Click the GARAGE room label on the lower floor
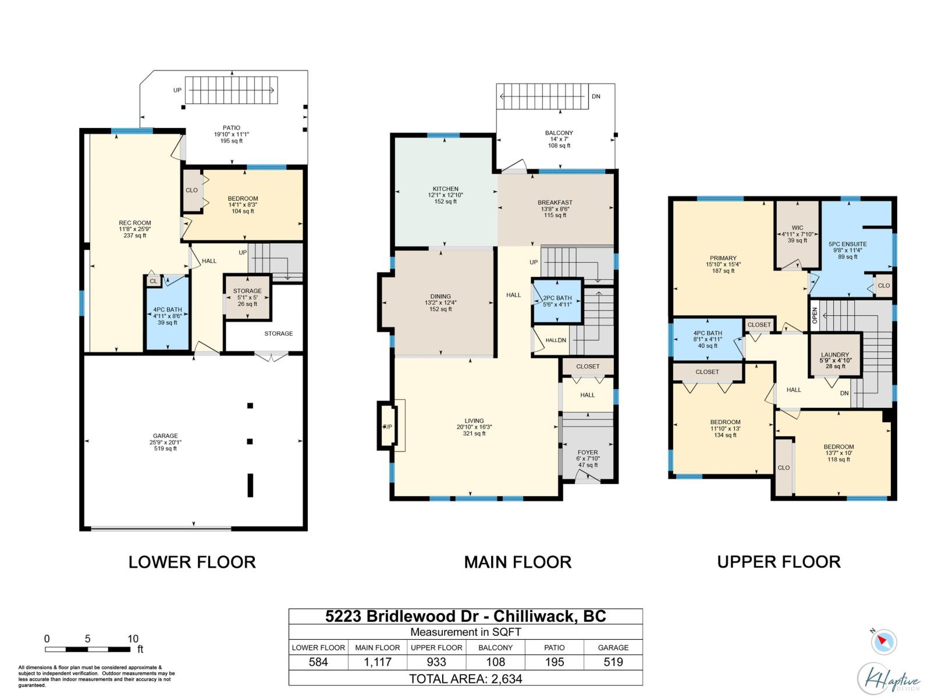[165, 436]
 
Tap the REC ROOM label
[135, 223]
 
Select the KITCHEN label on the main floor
[445, 189]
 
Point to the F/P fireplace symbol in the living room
[388, 426]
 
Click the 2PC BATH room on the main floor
[557, 301]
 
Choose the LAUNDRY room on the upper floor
[835, 355]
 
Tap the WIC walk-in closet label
[797, 228]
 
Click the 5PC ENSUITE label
[847, 244]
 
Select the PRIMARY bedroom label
[723, 258]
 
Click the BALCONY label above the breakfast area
[559, 133]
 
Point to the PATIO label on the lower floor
[232, 128]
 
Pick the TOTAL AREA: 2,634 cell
[465, 679]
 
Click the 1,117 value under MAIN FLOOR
[378, 662]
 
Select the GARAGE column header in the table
[613, 647]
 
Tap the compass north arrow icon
[883, 642]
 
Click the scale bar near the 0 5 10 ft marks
[88, 649]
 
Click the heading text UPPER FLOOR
[779, 562]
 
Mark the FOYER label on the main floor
[588, 453]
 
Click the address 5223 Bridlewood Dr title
[402, 617]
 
